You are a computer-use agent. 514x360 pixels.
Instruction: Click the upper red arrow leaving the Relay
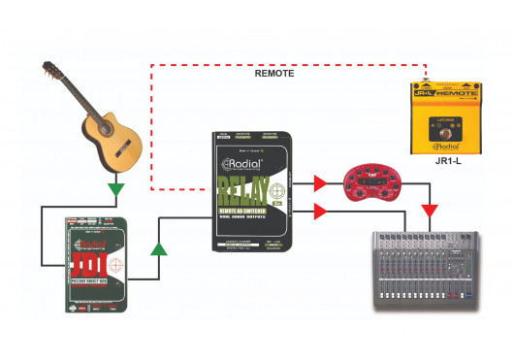319,180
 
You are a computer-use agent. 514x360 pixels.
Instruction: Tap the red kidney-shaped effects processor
375,181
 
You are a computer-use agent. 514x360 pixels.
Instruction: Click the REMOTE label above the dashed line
274,73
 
